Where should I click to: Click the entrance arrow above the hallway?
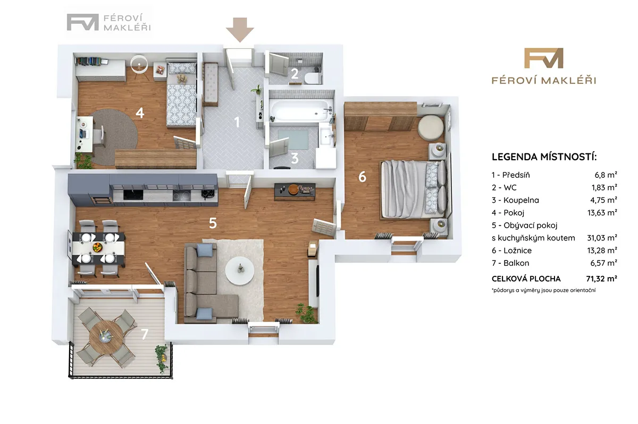click(x=240, y=30)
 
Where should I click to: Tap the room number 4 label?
click(x=139, y=113)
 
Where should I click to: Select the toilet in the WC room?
click(x=313, y=78)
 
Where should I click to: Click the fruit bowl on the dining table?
click(x=97, y=247)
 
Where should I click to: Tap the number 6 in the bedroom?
click(x=362, y=177)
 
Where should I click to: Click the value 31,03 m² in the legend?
click(x=602, y=238)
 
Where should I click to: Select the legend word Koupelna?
click(x=521, y=200)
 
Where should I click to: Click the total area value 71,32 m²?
click(x=601, y=279)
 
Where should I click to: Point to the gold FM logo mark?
click(x=543, y=58)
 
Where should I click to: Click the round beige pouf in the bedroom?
click(x=431, y=128)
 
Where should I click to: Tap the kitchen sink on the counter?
click(x=133, y=195)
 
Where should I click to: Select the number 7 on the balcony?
click(x=145, y=334)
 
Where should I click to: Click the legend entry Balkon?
click(x=516, y=263)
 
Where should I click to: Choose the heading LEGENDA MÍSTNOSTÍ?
click(x=544, y=157)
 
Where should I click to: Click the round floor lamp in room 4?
click(x=139, y=65)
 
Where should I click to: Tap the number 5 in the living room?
click(x=213, y=223)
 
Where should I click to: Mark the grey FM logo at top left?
click(x=82, y=22)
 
